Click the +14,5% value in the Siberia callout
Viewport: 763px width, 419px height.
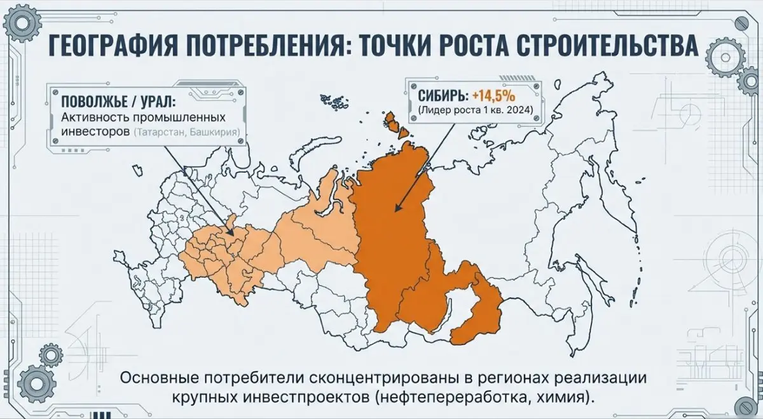tap(493, 96)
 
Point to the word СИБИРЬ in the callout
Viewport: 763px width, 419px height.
tap(443, 96)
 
